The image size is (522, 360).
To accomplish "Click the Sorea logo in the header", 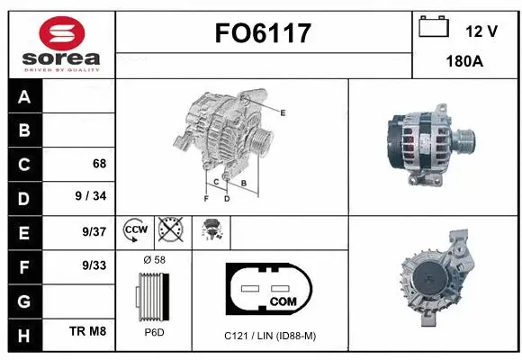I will pos(58,40).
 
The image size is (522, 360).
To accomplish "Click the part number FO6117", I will pos(264,34).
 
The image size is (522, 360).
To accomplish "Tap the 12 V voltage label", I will pos(481,31).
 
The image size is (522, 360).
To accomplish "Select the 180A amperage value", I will pos(466,63).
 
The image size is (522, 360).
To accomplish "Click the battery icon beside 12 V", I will pos(435,27).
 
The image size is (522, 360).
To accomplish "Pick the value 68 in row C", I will pos(99,164).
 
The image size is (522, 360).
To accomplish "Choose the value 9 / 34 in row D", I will pos(92,197).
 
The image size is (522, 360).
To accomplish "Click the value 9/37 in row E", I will pos(94,231).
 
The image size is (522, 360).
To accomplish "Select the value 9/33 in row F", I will pos(94,265).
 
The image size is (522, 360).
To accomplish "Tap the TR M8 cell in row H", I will pos(88,332).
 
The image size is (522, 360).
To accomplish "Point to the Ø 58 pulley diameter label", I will pos(155,260).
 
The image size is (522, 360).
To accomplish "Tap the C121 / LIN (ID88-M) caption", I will pos(270,336).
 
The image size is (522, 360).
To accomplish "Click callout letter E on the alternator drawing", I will pos(283,112).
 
